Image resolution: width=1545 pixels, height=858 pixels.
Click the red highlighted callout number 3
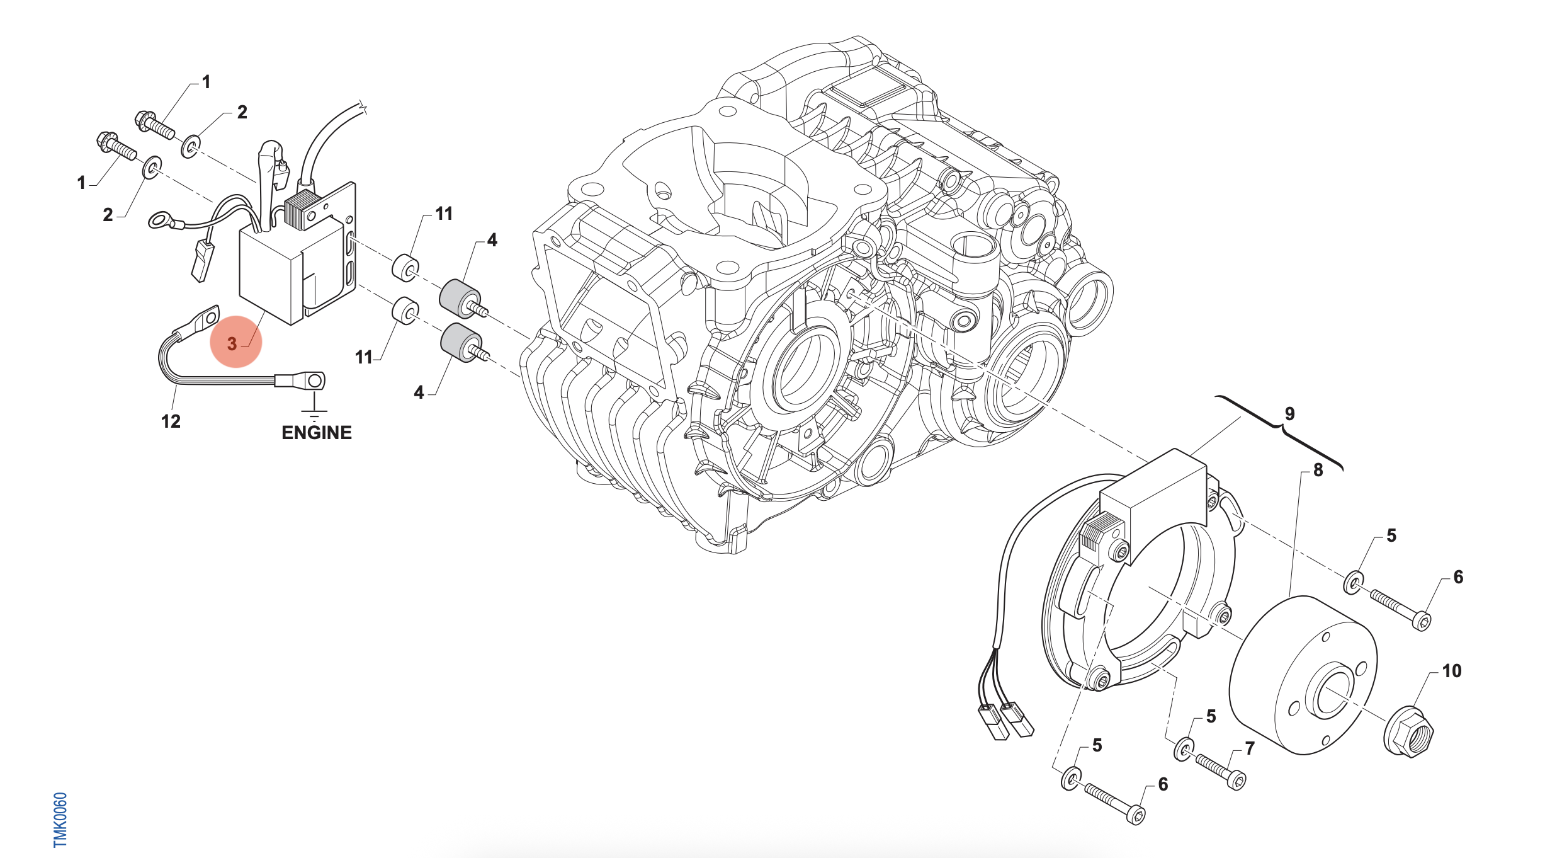[x=232, y=343]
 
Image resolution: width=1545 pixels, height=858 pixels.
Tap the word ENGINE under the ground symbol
[x=316, y=433]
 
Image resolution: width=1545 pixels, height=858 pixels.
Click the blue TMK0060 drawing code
[x=60, y=819]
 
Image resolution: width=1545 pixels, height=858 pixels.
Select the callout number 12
[x=171, y=421]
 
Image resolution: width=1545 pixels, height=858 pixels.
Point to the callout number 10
[x=1451, y=671]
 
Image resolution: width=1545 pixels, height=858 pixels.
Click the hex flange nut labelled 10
[x=1408, y=733]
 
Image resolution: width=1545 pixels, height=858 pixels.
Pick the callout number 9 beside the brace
[x=1289, y=414]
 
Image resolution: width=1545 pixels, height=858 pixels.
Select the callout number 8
[x=1318, y=470]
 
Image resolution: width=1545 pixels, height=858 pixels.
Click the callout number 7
[x=1250, y=748]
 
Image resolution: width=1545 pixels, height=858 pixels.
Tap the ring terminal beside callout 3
[x=203, y=319]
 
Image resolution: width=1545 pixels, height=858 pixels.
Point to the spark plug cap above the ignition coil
[x=272, y=164]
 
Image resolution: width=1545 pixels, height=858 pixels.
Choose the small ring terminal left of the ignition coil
[x=160, y=220]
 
